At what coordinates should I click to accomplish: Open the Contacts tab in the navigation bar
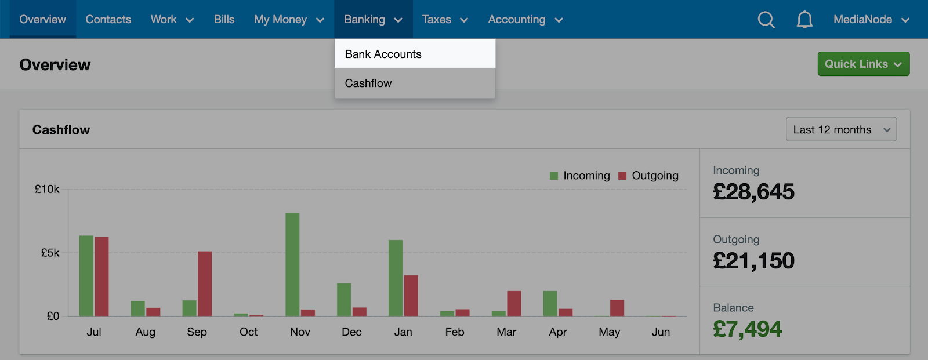click(x=108, y=20)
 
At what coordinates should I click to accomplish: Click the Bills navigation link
click(x=224, y=20)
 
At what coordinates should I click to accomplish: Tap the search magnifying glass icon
click(x=766, y=20)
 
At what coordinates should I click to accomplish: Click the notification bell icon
click(x=804, y=20)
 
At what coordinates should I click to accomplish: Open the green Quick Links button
click(x=864, y=64)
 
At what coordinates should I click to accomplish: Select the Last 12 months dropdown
click(x=841, y=129)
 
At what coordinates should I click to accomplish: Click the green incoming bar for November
click(x=292, y=265)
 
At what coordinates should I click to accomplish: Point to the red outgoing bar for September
click(x=205, y=284)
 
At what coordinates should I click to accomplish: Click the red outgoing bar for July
click(x=101, y=277)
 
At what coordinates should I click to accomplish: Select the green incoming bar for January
click(x=396, y=278)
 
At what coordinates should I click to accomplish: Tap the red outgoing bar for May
click(x=617, y=308)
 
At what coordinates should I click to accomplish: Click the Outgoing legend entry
click(x=648, y=176)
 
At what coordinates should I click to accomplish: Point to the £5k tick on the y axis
click(x=50, y=253)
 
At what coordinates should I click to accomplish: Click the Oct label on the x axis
click(x=249, y=332)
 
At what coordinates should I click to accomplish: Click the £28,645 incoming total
click(x=753, y=191)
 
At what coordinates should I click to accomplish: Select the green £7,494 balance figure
click(x=748, y=329)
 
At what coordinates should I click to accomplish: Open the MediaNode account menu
click(x=871, y=20)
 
